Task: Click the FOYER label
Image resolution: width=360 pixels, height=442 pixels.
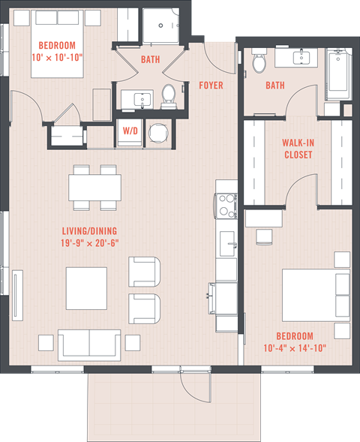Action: [211, 86]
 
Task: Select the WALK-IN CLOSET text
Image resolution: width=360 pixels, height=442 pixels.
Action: [297, 149]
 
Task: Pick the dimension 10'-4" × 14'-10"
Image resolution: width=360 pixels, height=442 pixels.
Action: [307, 347]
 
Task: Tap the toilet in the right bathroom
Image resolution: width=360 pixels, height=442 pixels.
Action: [259, 63]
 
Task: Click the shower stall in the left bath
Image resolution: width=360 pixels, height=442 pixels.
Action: [159, 28]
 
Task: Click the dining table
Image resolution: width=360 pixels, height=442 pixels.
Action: [95, 186]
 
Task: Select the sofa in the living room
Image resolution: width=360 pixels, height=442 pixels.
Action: [89, 344]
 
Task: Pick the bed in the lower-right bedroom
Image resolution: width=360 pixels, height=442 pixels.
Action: [315, 294]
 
